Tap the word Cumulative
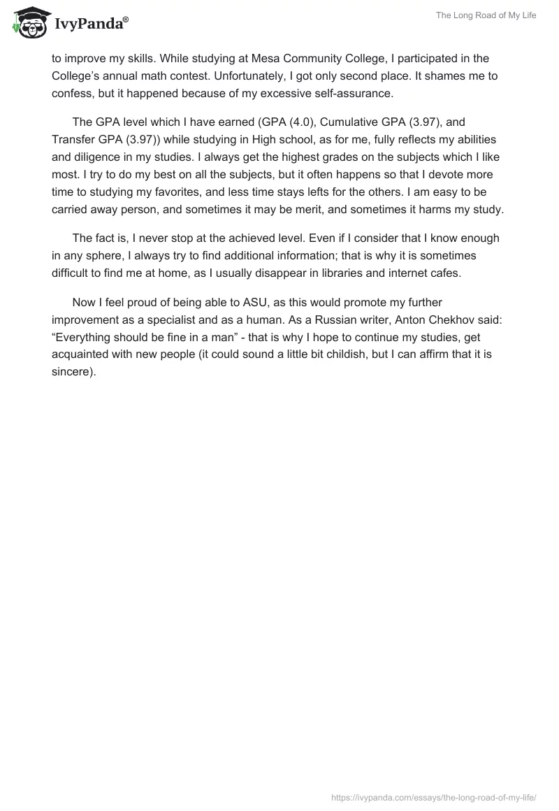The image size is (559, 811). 352,122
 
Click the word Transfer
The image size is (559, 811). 74,139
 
